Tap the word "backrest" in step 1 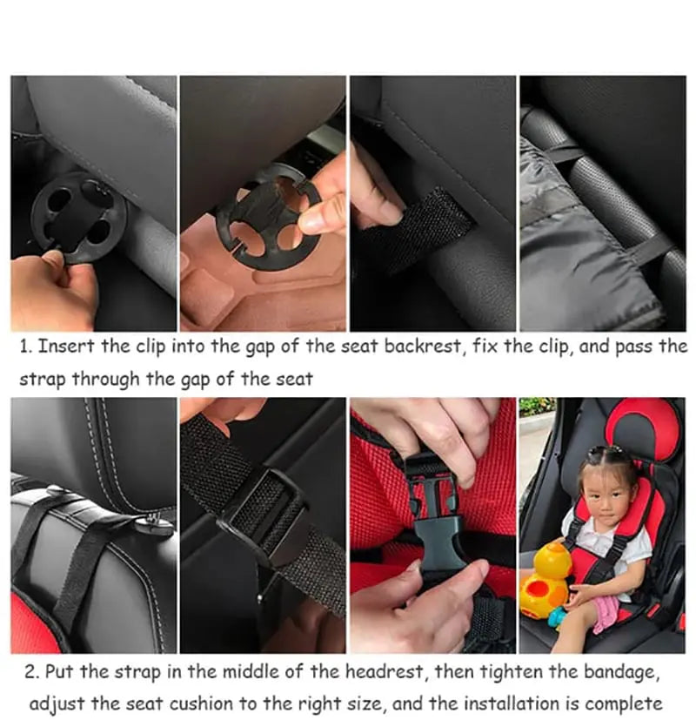pos(444,347)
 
